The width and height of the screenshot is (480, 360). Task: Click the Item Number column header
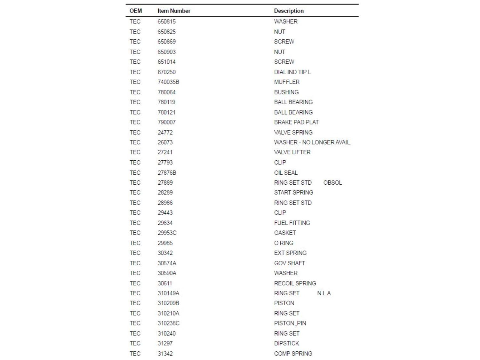coord(174,11)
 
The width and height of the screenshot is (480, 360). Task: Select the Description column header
coord(289,11)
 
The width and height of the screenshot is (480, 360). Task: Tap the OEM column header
coord(136,11)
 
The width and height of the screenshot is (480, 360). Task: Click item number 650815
coord(166,21)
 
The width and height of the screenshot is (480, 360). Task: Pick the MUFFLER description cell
coord(287,82)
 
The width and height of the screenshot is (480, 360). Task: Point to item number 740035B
coord(168,82)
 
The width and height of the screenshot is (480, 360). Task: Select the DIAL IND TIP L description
coord(292,72)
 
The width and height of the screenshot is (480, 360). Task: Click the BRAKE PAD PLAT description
coord(296,122)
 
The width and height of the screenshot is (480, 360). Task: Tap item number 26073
coord(165,142)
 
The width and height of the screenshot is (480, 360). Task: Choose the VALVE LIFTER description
coord(292,152)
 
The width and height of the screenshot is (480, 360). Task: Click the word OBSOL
coord(332,183)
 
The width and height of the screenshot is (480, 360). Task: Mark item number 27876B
coord(167,173)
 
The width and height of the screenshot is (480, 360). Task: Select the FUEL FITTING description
coord(292,223)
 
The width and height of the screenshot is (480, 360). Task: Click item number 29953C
coord(167,233)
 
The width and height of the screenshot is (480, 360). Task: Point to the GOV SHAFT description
coord(290,263)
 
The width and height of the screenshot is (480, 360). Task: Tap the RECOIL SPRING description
coord(295,283)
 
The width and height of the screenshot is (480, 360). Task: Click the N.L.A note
coord(324,293)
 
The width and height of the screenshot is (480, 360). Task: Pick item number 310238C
coord(169,323)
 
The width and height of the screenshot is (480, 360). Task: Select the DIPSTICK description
coord(286,343)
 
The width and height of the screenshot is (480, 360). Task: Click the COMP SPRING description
coord(293,354)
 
